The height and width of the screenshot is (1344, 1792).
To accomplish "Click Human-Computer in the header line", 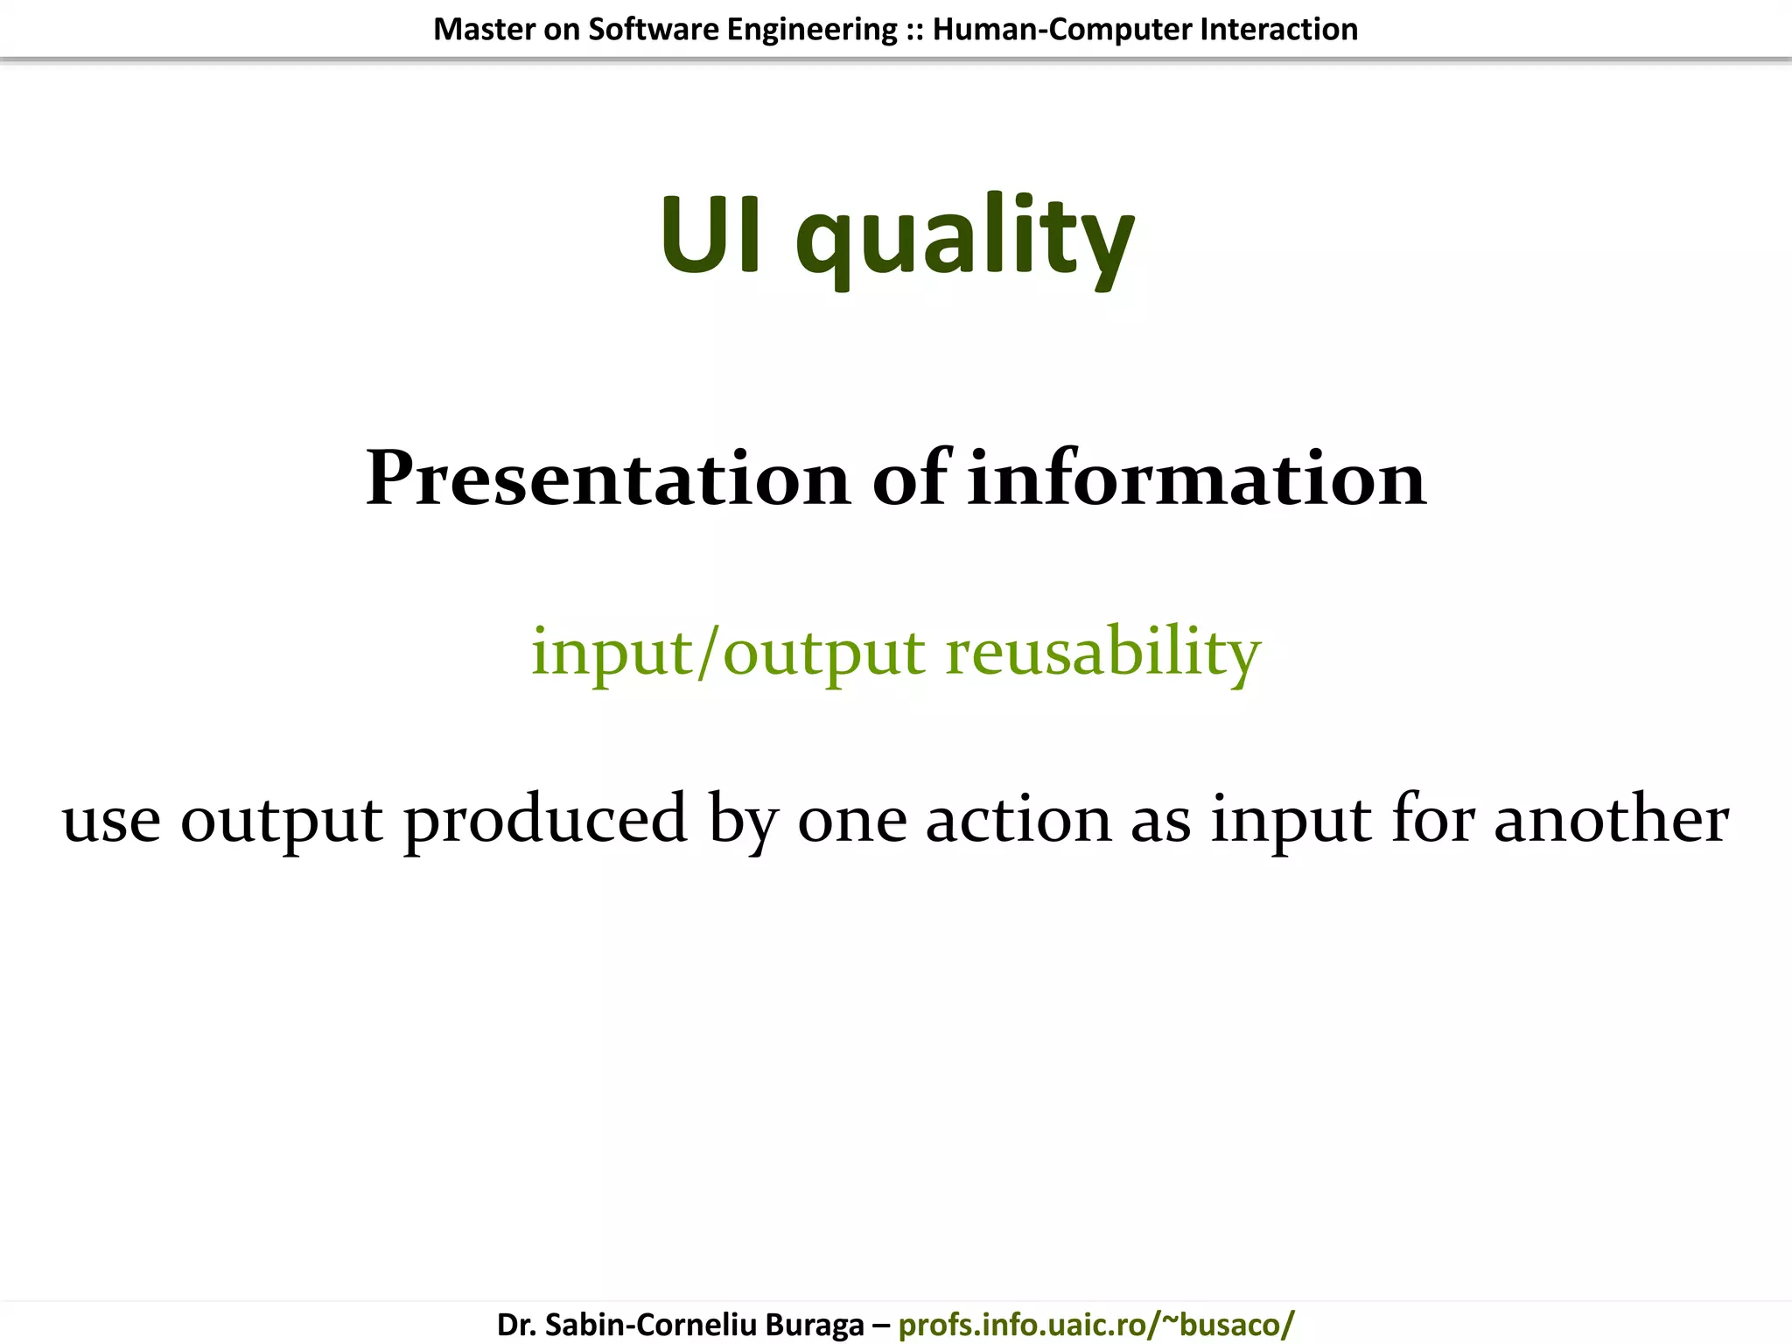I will pyautogui.click(x=1061, y=30).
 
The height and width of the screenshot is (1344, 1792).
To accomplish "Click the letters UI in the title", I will pyautogui.click(x=710, y=234).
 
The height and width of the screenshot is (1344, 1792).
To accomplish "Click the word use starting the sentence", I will pyautogui.click(x=111, y=821).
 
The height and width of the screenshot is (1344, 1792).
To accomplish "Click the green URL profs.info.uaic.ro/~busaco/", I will pyautogui.click(x=1095, y=1324).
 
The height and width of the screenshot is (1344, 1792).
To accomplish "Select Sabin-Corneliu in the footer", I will pyautogui.click(x=650, y=1324).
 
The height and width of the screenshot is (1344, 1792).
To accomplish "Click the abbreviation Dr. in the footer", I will pyautogui.click(x=516, y=1324).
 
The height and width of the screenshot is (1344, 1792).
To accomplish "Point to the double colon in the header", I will pyautogui.click(x=914, y=30).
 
